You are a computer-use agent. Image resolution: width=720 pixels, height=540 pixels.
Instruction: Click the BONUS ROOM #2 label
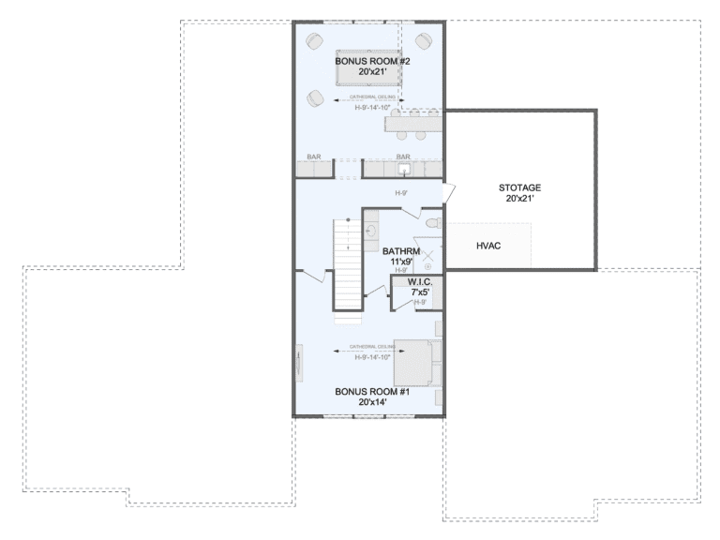(x=367, y=61)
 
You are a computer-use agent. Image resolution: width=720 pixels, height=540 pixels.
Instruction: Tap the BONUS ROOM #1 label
(x=372, y=392)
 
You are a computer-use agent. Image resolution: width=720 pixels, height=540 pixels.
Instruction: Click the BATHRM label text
(x=402, y=251)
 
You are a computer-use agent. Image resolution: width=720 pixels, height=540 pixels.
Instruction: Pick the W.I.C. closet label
(x=418, y=282)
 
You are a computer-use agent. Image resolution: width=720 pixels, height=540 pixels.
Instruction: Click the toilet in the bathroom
(x=432, y=225)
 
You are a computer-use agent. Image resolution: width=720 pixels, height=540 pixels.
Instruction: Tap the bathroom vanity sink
(x=371, y=230)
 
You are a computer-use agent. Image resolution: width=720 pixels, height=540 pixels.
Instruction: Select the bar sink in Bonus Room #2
(x=404, y=170)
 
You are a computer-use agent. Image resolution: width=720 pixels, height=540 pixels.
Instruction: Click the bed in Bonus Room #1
(x=416, y=362)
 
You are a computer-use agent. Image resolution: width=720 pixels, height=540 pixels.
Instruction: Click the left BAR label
(x=315, y=157)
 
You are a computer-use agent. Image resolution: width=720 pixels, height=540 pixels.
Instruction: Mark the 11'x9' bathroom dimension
(x=402, y=262)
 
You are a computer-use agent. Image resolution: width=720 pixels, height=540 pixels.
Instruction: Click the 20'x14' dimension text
(x=372, y=402)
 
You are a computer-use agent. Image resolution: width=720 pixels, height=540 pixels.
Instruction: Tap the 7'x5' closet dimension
(x=418, y=292)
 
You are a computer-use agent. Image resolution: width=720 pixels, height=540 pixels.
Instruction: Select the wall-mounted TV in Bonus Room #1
(x=300, y=362)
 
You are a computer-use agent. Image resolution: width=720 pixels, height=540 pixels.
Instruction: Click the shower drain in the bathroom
(x=427, y=266)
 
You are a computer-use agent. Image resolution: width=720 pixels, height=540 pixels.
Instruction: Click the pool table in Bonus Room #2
(x=367, y=68)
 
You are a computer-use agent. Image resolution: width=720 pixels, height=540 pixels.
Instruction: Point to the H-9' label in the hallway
(x=401, y=193)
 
